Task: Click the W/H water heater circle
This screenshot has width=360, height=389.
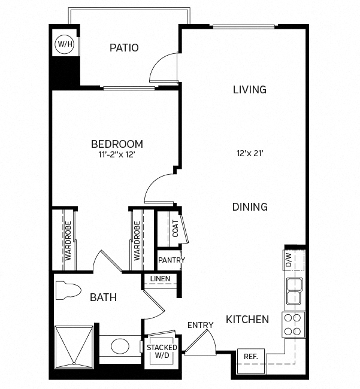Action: (63, 44)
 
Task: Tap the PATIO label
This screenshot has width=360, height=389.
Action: (124, 48)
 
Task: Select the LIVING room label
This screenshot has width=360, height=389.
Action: (249, 90)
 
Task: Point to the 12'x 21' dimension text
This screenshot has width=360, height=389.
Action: (250, 153)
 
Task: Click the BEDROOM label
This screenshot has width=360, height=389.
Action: (117, 144)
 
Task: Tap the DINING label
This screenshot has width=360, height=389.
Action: (250, 207)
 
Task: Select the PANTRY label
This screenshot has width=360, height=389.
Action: (171, 260)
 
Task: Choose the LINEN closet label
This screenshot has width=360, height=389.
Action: (161, 279)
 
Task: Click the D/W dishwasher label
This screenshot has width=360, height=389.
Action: (288, 260)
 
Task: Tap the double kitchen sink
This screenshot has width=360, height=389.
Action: (294, 291)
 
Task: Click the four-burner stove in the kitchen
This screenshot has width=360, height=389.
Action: (294, 324)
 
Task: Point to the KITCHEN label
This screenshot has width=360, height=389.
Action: (247, 320)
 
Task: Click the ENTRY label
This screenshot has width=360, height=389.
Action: (200, 325)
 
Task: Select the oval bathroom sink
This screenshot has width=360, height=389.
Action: (120, 347)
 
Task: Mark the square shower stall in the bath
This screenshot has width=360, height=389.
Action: (74, 345)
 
